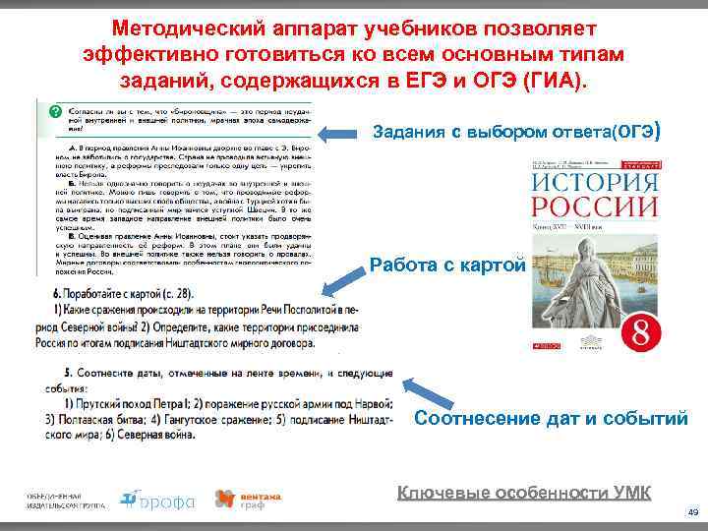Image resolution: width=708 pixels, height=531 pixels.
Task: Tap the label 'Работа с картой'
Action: pos(448,265)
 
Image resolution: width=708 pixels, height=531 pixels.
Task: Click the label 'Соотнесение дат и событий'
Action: pos(551,419)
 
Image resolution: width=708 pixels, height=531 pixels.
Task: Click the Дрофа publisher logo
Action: pos(156,500)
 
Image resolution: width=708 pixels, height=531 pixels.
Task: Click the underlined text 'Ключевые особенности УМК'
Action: pos(523,494)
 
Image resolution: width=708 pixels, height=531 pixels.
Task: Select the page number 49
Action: pos(692,513)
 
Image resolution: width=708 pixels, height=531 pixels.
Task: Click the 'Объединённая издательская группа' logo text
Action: pos(63,500)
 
